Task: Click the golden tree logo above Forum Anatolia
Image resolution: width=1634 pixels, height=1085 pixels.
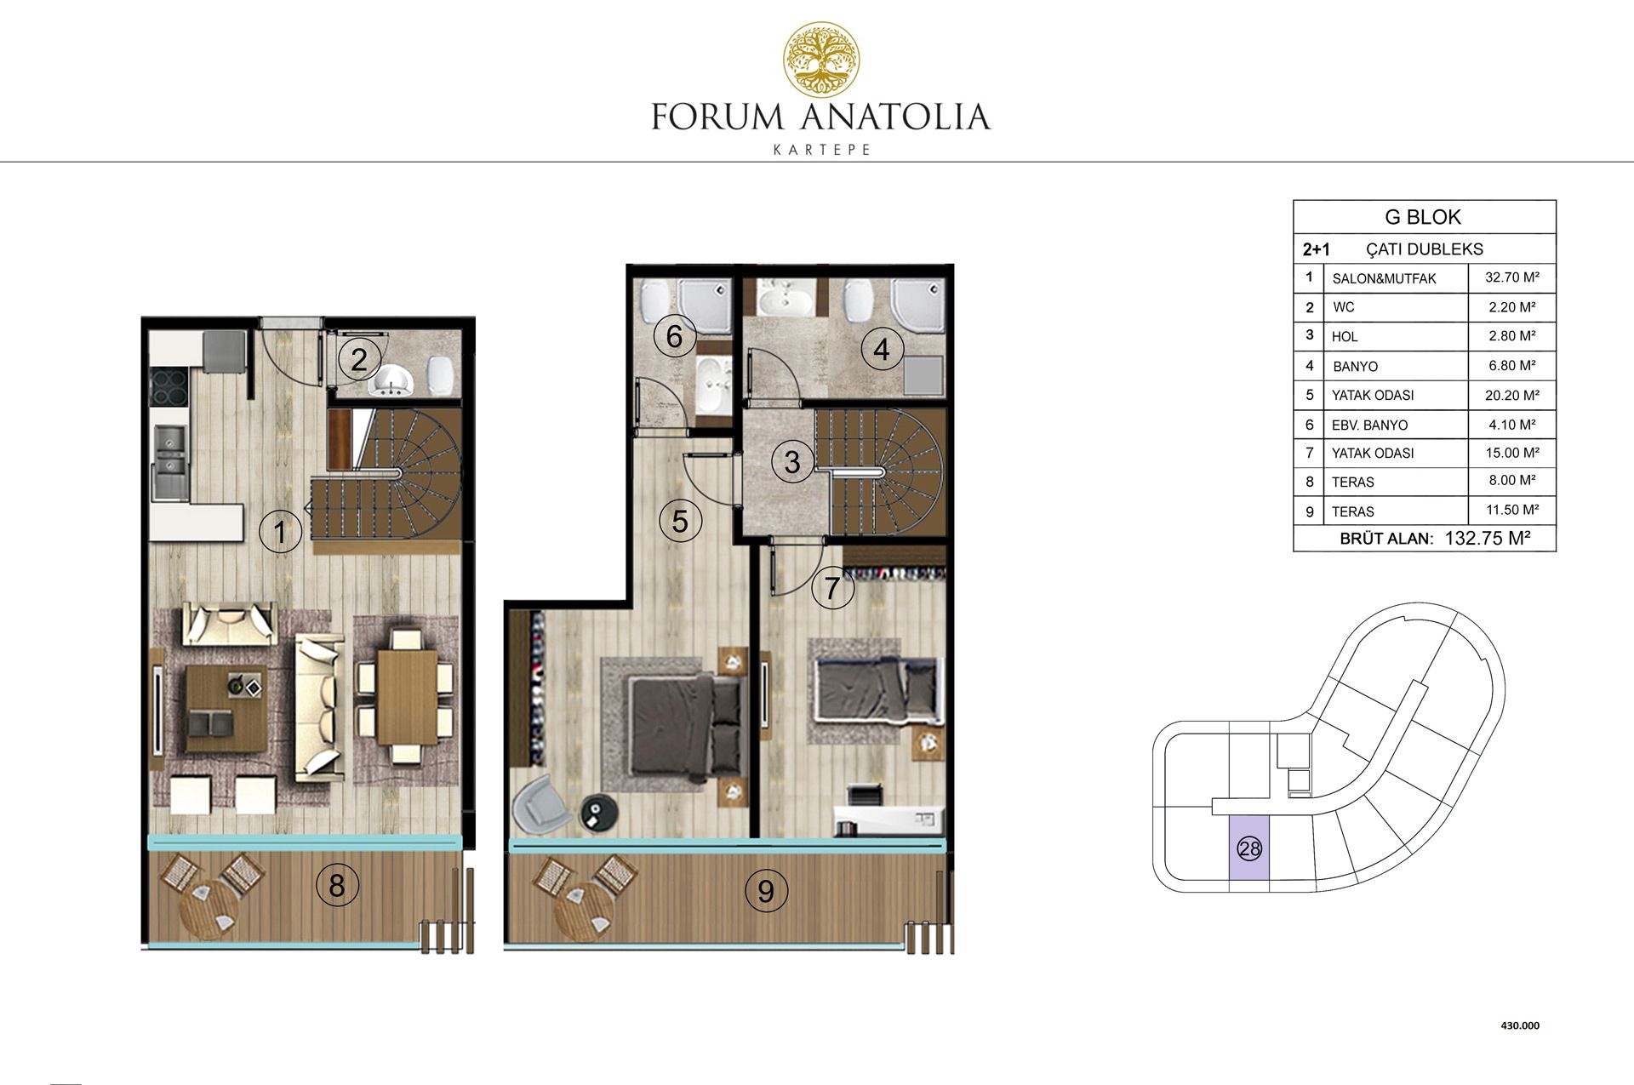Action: [821, 59]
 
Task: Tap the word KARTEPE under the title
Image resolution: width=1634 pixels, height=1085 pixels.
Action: [821, 150]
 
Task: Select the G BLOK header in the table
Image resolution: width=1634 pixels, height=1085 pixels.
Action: [1423, 217]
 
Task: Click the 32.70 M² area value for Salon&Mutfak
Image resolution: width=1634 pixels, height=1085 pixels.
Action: [1512, 277]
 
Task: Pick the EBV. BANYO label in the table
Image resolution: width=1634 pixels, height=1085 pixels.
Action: [1369, 425]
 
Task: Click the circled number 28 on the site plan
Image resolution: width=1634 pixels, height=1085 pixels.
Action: [1249, 848]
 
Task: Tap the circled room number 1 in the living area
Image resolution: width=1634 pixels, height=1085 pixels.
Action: [280, 533]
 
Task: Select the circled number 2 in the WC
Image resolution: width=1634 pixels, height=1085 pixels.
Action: [359, 359]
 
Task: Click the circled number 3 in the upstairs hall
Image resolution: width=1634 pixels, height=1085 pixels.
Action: [792, 462]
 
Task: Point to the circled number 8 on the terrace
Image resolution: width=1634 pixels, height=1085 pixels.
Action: [337, 885]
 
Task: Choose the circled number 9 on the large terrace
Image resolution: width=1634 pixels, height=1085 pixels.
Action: [766, 891]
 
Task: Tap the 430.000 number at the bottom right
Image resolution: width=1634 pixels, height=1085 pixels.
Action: [1520, 1025]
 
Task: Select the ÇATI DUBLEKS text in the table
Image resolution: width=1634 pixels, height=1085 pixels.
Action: [1424, 249]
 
